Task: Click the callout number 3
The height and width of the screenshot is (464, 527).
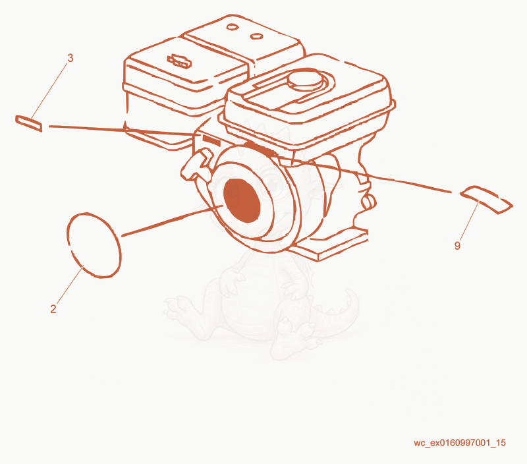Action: click(70, 58)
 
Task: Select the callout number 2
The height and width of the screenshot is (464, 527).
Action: click(53, 308)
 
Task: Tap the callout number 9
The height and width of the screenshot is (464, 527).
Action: click(457, 246)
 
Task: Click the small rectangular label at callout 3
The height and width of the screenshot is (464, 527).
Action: click(29, 123)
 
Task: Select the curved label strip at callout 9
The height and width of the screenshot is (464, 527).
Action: click(486, 198)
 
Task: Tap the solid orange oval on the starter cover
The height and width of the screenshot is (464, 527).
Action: click(242, 200)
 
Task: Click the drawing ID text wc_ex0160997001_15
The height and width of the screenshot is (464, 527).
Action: click(459, 443)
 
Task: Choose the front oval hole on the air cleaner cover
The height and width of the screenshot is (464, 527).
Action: click(256, 36)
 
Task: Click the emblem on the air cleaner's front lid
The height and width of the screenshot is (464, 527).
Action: click(179, 61)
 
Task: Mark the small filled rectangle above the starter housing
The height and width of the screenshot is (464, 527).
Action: click(211, 140)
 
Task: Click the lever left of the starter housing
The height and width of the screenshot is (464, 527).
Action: click(196, 164)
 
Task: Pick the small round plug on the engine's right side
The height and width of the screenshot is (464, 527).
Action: click(369, 202)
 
